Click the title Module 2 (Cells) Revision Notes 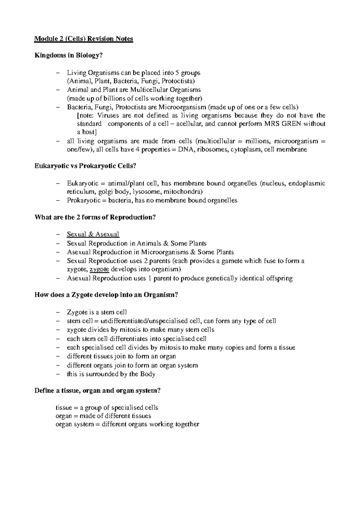[84, 39]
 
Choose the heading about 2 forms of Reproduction [95, 217]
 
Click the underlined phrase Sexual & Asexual [93, 234]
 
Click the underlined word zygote [99, 269]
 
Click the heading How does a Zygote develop [106, 295]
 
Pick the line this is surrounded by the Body [111, 374]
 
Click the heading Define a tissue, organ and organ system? [98, 390]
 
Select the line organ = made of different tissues [103, 416]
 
